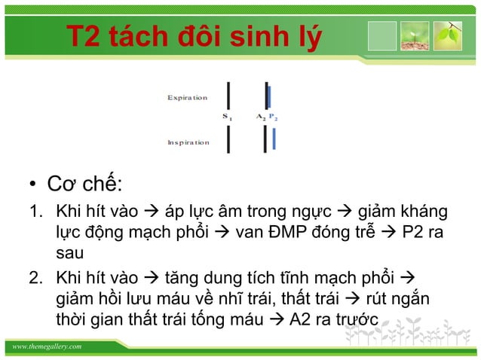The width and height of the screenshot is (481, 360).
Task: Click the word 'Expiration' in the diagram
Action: tap(187, 98)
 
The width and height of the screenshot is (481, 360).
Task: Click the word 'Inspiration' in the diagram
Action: tap(188, 142)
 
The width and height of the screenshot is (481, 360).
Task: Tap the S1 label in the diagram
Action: tap(228, 117)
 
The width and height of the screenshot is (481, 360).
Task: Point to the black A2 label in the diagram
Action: tap(261, 117)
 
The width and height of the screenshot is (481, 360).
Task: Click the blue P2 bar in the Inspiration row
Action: tap(274, 139)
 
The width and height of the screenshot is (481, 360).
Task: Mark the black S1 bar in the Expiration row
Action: tap(228, 93)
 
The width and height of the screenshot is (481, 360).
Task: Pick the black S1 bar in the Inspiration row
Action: tap(228, 139)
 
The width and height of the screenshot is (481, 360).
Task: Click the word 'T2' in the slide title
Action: tap(83, 36)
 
